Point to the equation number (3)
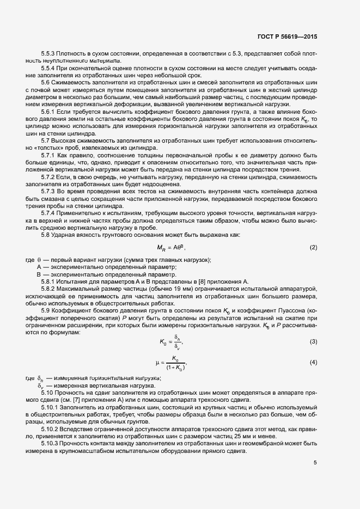tap(313, 341)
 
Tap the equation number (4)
tap(313, 362)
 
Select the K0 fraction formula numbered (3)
tap(172, 342)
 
